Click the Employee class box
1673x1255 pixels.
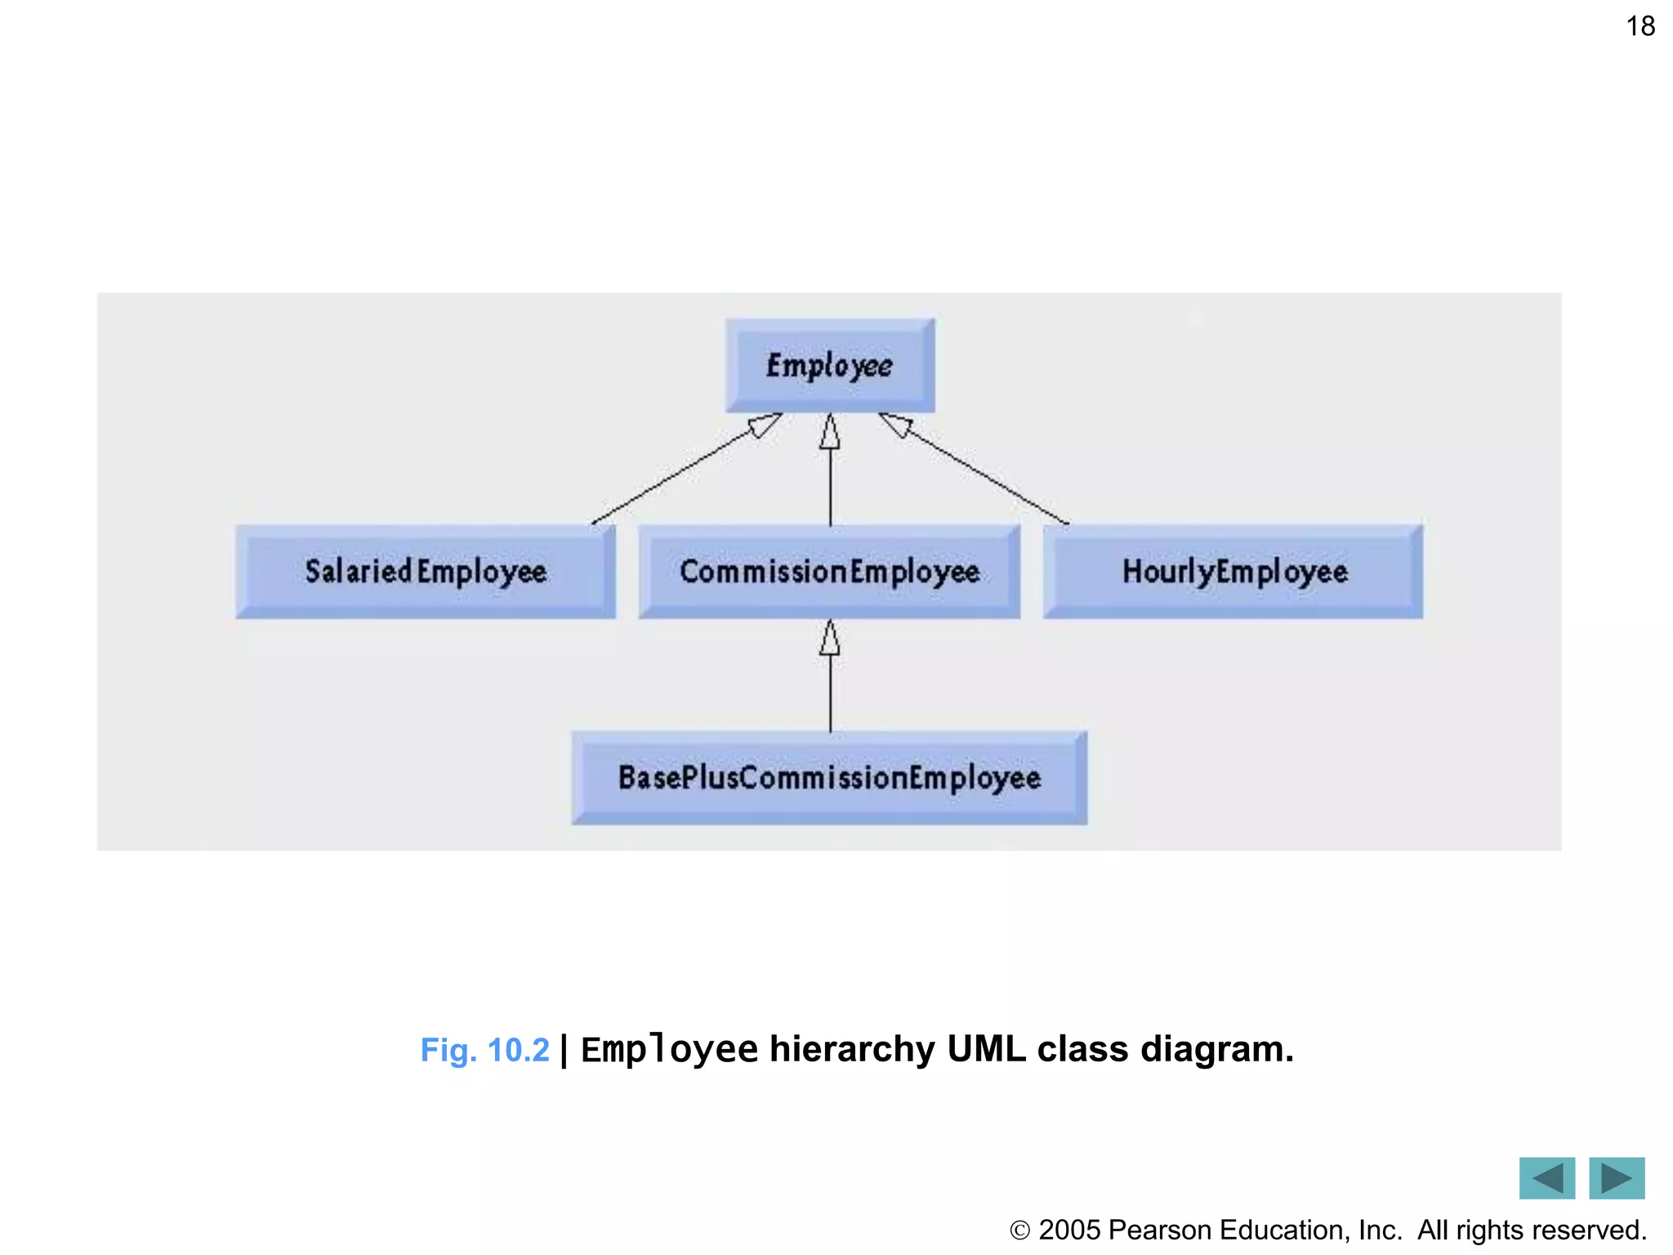click(x=829, y=365)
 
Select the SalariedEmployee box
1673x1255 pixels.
click(x=425, y=571)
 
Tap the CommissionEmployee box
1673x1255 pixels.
click(x=829, y=571)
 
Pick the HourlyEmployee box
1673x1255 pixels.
click(x=1234, y=571)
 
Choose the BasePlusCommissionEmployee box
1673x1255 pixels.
click(x=829, y=777)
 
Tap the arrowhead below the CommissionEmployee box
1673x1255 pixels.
click(x=830, y=638)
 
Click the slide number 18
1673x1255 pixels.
click(x=1640, y=26)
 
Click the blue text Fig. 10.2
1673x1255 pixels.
click(x=484, y=1050)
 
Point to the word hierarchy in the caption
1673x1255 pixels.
click(x=852, y=1049)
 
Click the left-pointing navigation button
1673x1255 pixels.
click(x=1546, y=1177)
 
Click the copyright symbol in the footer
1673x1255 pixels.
click(x=1020, y=1230)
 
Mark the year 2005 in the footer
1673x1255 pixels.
click(x=1069, y=1230)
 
